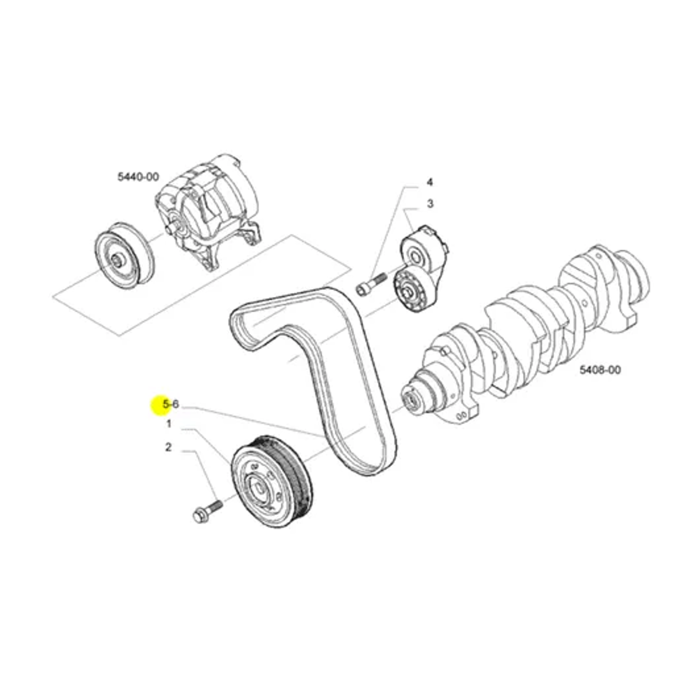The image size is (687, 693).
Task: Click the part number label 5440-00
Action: point(138,176)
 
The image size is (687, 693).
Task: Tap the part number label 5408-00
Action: point(600,370)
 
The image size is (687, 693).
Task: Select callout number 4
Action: point(429,182)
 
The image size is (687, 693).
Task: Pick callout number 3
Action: point(430,204)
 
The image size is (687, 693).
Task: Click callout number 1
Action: point(169,424)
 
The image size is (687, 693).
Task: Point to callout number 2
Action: point(168,447)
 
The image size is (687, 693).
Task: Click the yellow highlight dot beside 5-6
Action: point(161,405)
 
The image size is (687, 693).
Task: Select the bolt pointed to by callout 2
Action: point(207,512)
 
